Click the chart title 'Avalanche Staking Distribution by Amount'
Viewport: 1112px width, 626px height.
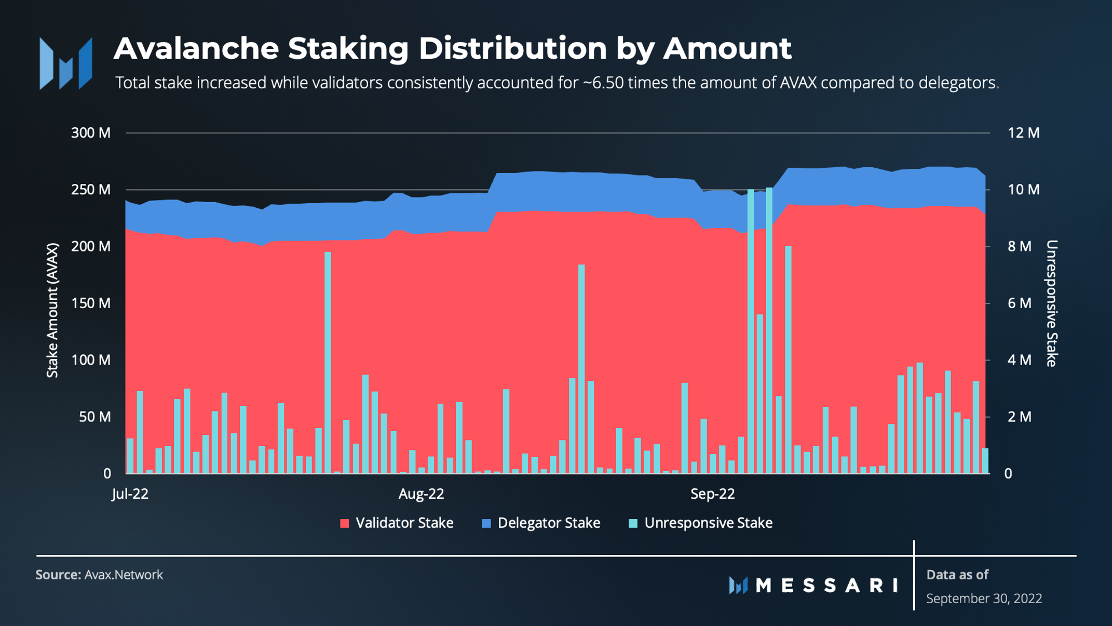(x=452, y=48)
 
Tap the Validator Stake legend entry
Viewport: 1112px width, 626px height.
(x=397, y=523)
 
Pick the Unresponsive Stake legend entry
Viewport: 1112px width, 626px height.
(x=701, y=523)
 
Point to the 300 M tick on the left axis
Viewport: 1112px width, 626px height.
(x=91, y=133)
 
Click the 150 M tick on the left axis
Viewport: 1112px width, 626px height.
(x=91, y=303)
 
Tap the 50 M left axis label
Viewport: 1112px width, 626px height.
(x=95, y=417)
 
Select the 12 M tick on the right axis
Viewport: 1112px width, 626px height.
(x=1024, y=133)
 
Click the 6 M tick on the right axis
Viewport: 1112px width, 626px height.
(x=1020, y=303)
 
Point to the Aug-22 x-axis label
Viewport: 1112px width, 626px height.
(x=421, y=494)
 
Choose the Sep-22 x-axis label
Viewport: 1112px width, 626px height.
(x=712, y=494)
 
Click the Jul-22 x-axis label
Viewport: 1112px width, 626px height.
(x=130, y=494)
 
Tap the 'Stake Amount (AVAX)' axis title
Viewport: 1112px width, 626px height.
(x=52, y=310)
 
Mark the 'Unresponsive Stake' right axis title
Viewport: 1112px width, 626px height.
(x=1052, y=303)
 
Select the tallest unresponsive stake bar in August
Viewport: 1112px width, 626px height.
(x=581, y=369)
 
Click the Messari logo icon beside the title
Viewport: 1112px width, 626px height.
(x=66, y=63)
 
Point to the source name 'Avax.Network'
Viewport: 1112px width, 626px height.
(x=124, y=575)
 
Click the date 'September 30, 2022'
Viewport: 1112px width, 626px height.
(x=984, y=598)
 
